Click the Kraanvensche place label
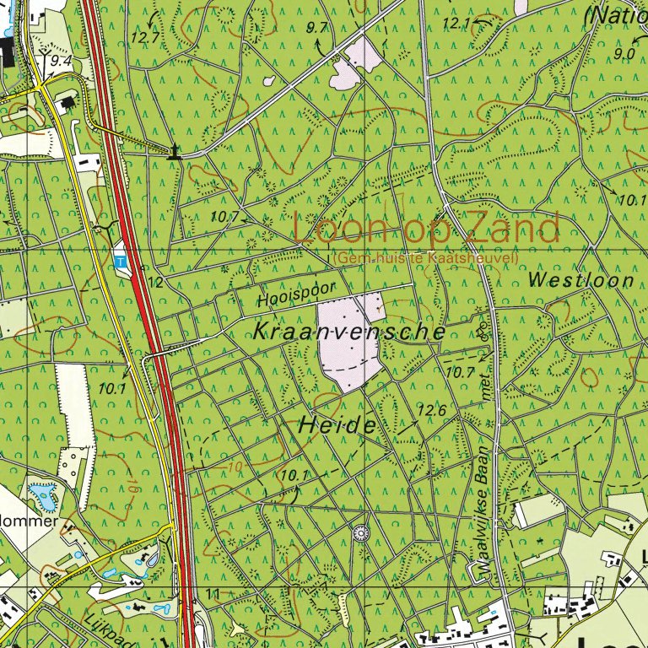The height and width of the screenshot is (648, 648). (348, 332)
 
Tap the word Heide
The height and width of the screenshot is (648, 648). (337, 427)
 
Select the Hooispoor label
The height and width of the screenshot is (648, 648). (296, 294)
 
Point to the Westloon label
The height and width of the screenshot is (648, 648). (580, 280)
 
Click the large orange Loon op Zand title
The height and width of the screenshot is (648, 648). (426, 229)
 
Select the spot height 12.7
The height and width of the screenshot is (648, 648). (145, 37)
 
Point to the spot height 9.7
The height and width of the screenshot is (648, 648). (318, 28)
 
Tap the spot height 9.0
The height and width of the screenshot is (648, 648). (625, 54)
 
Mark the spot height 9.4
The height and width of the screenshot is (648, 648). (60, 61)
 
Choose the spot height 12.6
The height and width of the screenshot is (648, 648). (430, 410)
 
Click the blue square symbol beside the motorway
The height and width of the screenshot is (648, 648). (121, 262)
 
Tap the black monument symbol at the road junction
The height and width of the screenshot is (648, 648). (175, 153)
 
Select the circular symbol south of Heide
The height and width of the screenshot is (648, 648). (361, 532)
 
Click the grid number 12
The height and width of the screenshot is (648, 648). (155, 281)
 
